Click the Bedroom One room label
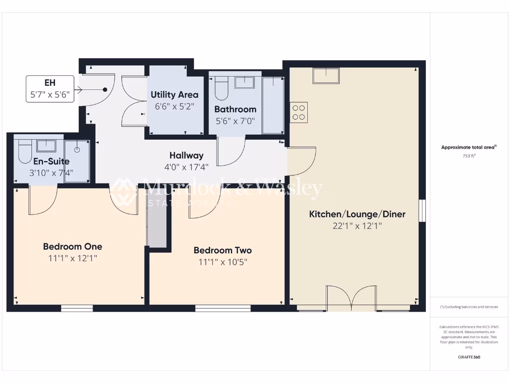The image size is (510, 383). pos(72,246)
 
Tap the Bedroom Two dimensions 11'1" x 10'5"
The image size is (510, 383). pos(223,262)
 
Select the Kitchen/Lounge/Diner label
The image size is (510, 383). pos(357,214)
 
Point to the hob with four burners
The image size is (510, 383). pos(299,112)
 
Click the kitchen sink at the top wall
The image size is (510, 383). pos(326,75)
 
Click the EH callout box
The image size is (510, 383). pos(50,89)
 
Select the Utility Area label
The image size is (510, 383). pos(174,95)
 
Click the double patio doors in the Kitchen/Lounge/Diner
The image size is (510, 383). pos(351,298)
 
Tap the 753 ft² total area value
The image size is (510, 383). pos(469,156)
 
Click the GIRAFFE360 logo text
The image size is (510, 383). pos(469,357)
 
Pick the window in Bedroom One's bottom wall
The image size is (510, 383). pos(77,309)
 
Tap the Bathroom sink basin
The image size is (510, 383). pos(244,82)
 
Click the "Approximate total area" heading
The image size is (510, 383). pos(469,147)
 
